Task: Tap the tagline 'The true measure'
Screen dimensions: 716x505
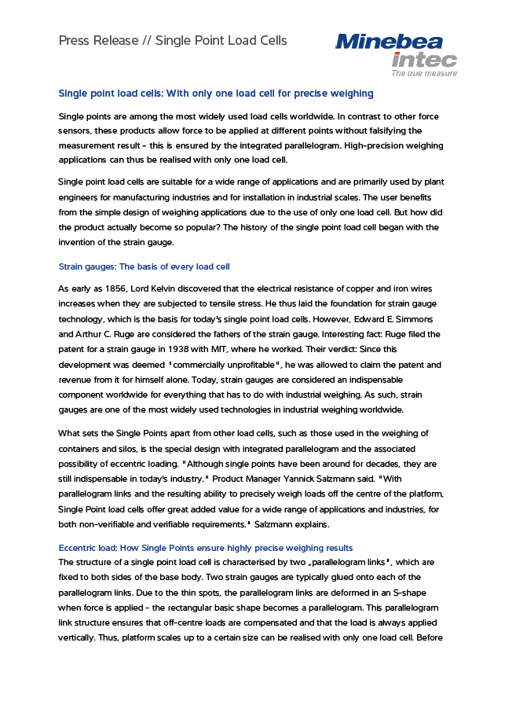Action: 424,72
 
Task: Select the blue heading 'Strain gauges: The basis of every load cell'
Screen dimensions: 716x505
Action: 144,266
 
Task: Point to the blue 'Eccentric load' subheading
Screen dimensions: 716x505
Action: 88,548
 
